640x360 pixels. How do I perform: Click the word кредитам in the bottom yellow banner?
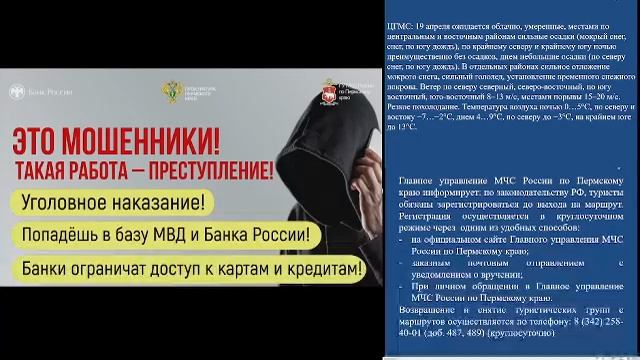pyautogui.click(x=317, y=270)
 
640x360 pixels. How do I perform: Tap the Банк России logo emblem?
pyautogui.click(x=16, y=91)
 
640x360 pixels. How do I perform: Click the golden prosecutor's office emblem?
pyautogui.click(x=173, y=92)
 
